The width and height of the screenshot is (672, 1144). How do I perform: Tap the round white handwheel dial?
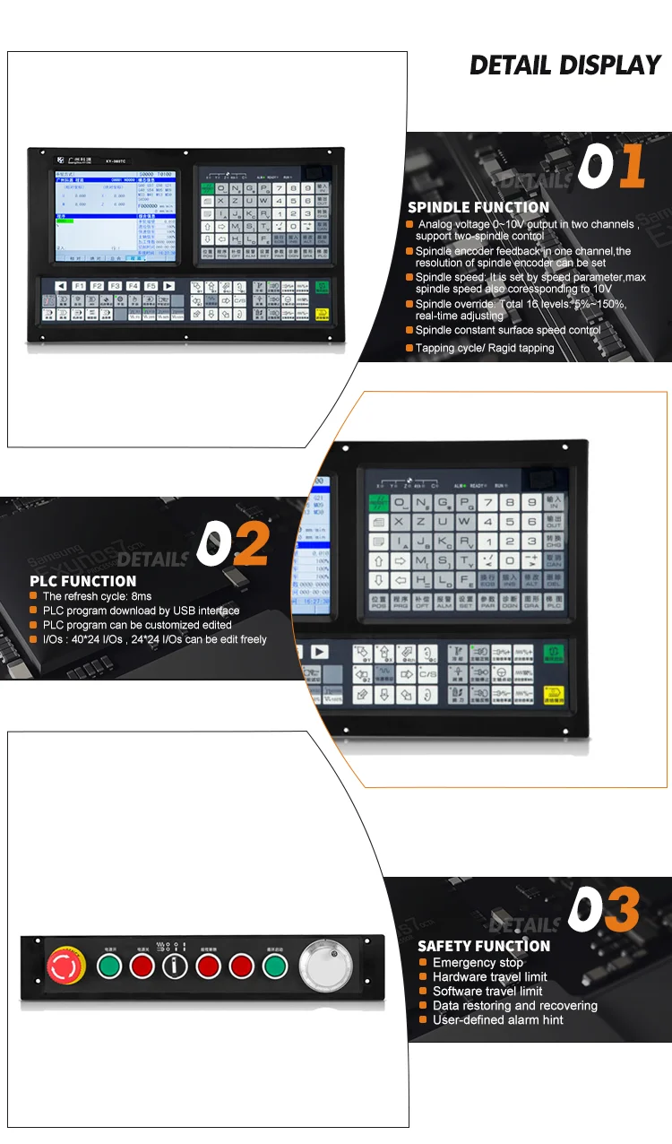click(320, 966)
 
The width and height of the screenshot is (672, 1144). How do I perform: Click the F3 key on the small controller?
click(115, 286)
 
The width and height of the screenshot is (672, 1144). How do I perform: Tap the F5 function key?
click(151, 286)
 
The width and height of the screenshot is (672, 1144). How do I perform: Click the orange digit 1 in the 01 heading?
click(632, 167)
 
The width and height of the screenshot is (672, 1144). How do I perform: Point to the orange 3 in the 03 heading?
click(622, 910)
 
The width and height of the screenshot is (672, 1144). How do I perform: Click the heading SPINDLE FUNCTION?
click(478, 207)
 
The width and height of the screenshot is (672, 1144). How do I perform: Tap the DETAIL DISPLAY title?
click(564, 65)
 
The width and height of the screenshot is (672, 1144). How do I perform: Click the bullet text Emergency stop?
click(478, 962)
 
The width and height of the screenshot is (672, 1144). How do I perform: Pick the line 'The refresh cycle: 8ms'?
click(97, 596)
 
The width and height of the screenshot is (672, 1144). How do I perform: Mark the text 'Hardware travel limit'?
click(489, 976)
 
